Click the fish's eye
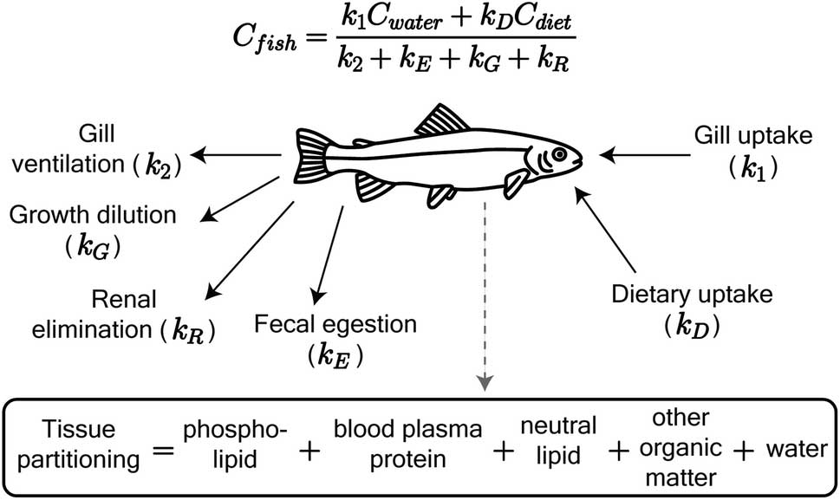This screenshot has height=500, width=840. pos(560,154)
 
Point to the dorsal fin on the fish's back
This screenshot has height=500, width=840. pos(443,120)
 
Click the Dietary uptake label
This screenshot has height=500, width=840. pos(692,307)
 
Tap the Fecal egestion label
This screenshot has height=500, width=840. pos(335,337)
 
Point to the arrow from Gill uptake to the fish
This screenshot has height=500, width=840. pos(646,156)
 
